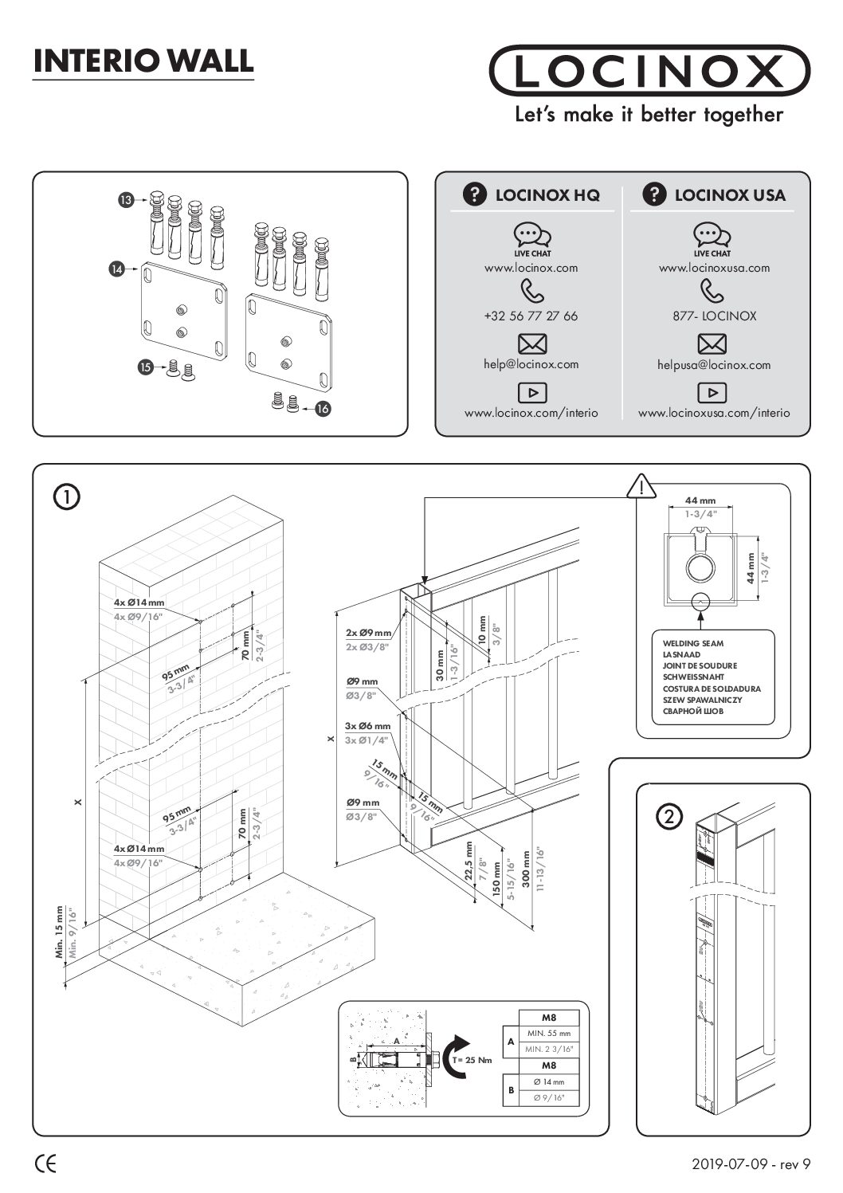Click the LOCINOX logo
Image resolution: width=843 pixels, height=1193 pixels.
coord(649,72)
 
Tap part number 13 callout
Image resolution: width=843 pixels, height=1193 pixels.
coord(126,201)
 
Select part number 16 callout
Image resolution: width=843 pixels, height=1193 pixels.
coord(322,408)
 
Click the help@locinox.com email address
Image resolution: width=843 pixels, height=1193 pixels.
coord(531,364)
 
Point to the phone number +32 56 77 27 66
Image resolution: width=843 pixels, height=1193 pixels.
coord(531,316)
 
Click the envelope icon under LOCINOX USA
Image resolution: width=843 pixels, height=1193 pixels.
coord(712,344)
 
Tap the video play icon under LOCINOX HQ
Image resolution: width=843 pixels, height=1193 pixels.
coord(531,392)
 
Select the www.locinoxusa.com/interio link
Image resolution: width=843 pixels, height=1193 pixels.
coord(714,413)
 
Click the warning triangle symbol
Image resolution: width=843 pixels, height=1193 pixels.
coord(641,485)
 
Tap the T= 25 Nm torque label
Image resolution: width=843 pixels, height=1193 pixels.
coord(472,1060)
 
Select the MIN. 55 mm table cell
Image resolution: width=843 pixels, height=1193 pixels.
coord(549,1033)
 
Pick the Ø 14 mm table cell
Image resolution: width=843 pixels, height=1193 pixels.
coord(549,1081)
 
